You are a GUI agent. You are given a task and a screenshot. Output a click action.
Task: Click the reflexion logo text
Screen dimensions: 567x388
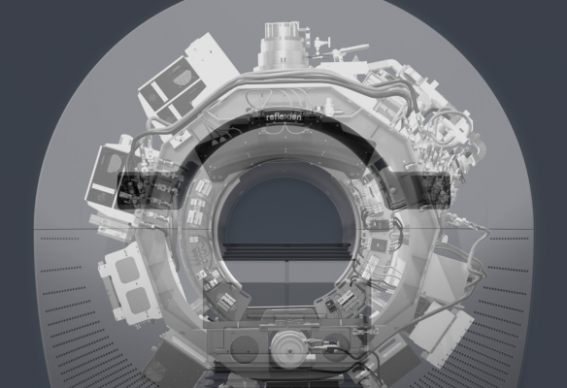click(283, 117)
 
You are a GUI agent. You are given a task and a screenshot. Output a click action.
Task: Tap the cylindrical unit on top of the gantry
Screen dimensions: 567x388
click(283, 46)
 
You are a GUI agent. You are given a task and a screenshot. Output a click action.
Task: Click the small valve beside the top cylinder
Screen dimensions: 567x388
click(319, 45)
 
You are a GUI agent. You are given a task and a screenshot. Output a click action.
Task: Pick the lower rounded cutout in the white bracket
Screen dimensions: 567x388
click(138, 300)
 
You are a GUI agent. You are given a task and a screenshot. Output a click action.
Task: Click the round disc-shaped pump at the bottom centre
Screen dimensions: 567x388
click(288, 348)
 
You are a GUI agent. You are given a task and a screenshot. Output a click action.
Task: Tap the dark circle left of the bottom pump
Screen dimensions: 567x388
click(245, 348)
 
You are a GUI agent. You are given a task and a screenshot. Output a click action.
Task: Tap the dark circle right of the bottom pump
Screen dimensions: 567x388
click(337, 347)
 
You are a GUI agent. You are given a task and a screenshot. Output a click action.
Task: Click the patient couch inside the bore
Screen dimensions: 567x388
click(288, 249)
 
